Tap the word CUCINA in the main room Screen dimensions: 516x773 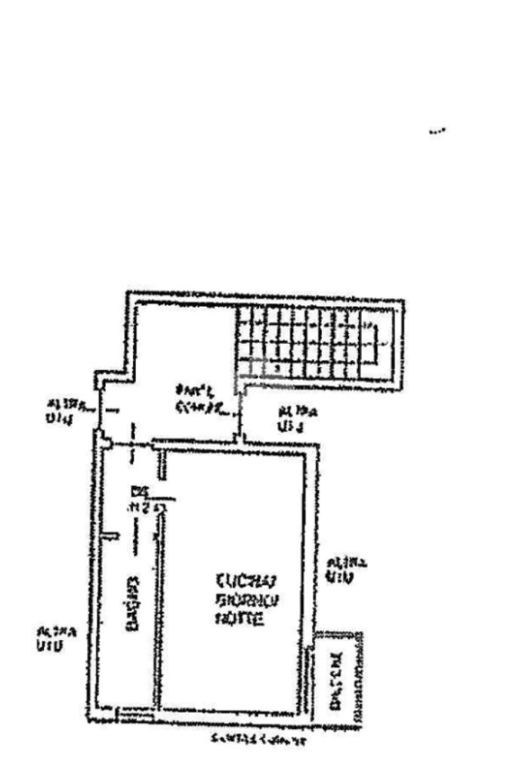(247, 582)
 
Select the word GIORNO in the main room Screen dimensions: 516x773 (247, 601)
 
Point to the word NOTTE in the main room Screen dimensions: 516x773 (240, 619)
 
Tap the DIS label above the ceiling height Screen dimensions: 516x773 (137, 490)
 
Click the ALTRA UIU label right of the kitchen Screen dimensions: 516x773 (347, 570)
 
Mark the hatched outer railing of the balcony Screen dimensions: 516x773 (360, 680)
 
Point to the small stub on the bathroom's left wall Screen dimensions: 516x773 (110, 536)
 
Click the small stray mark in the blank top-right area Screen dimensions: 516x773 (437, 131)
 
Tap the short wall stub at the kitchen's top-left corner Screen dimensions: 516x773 (161, 457)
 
